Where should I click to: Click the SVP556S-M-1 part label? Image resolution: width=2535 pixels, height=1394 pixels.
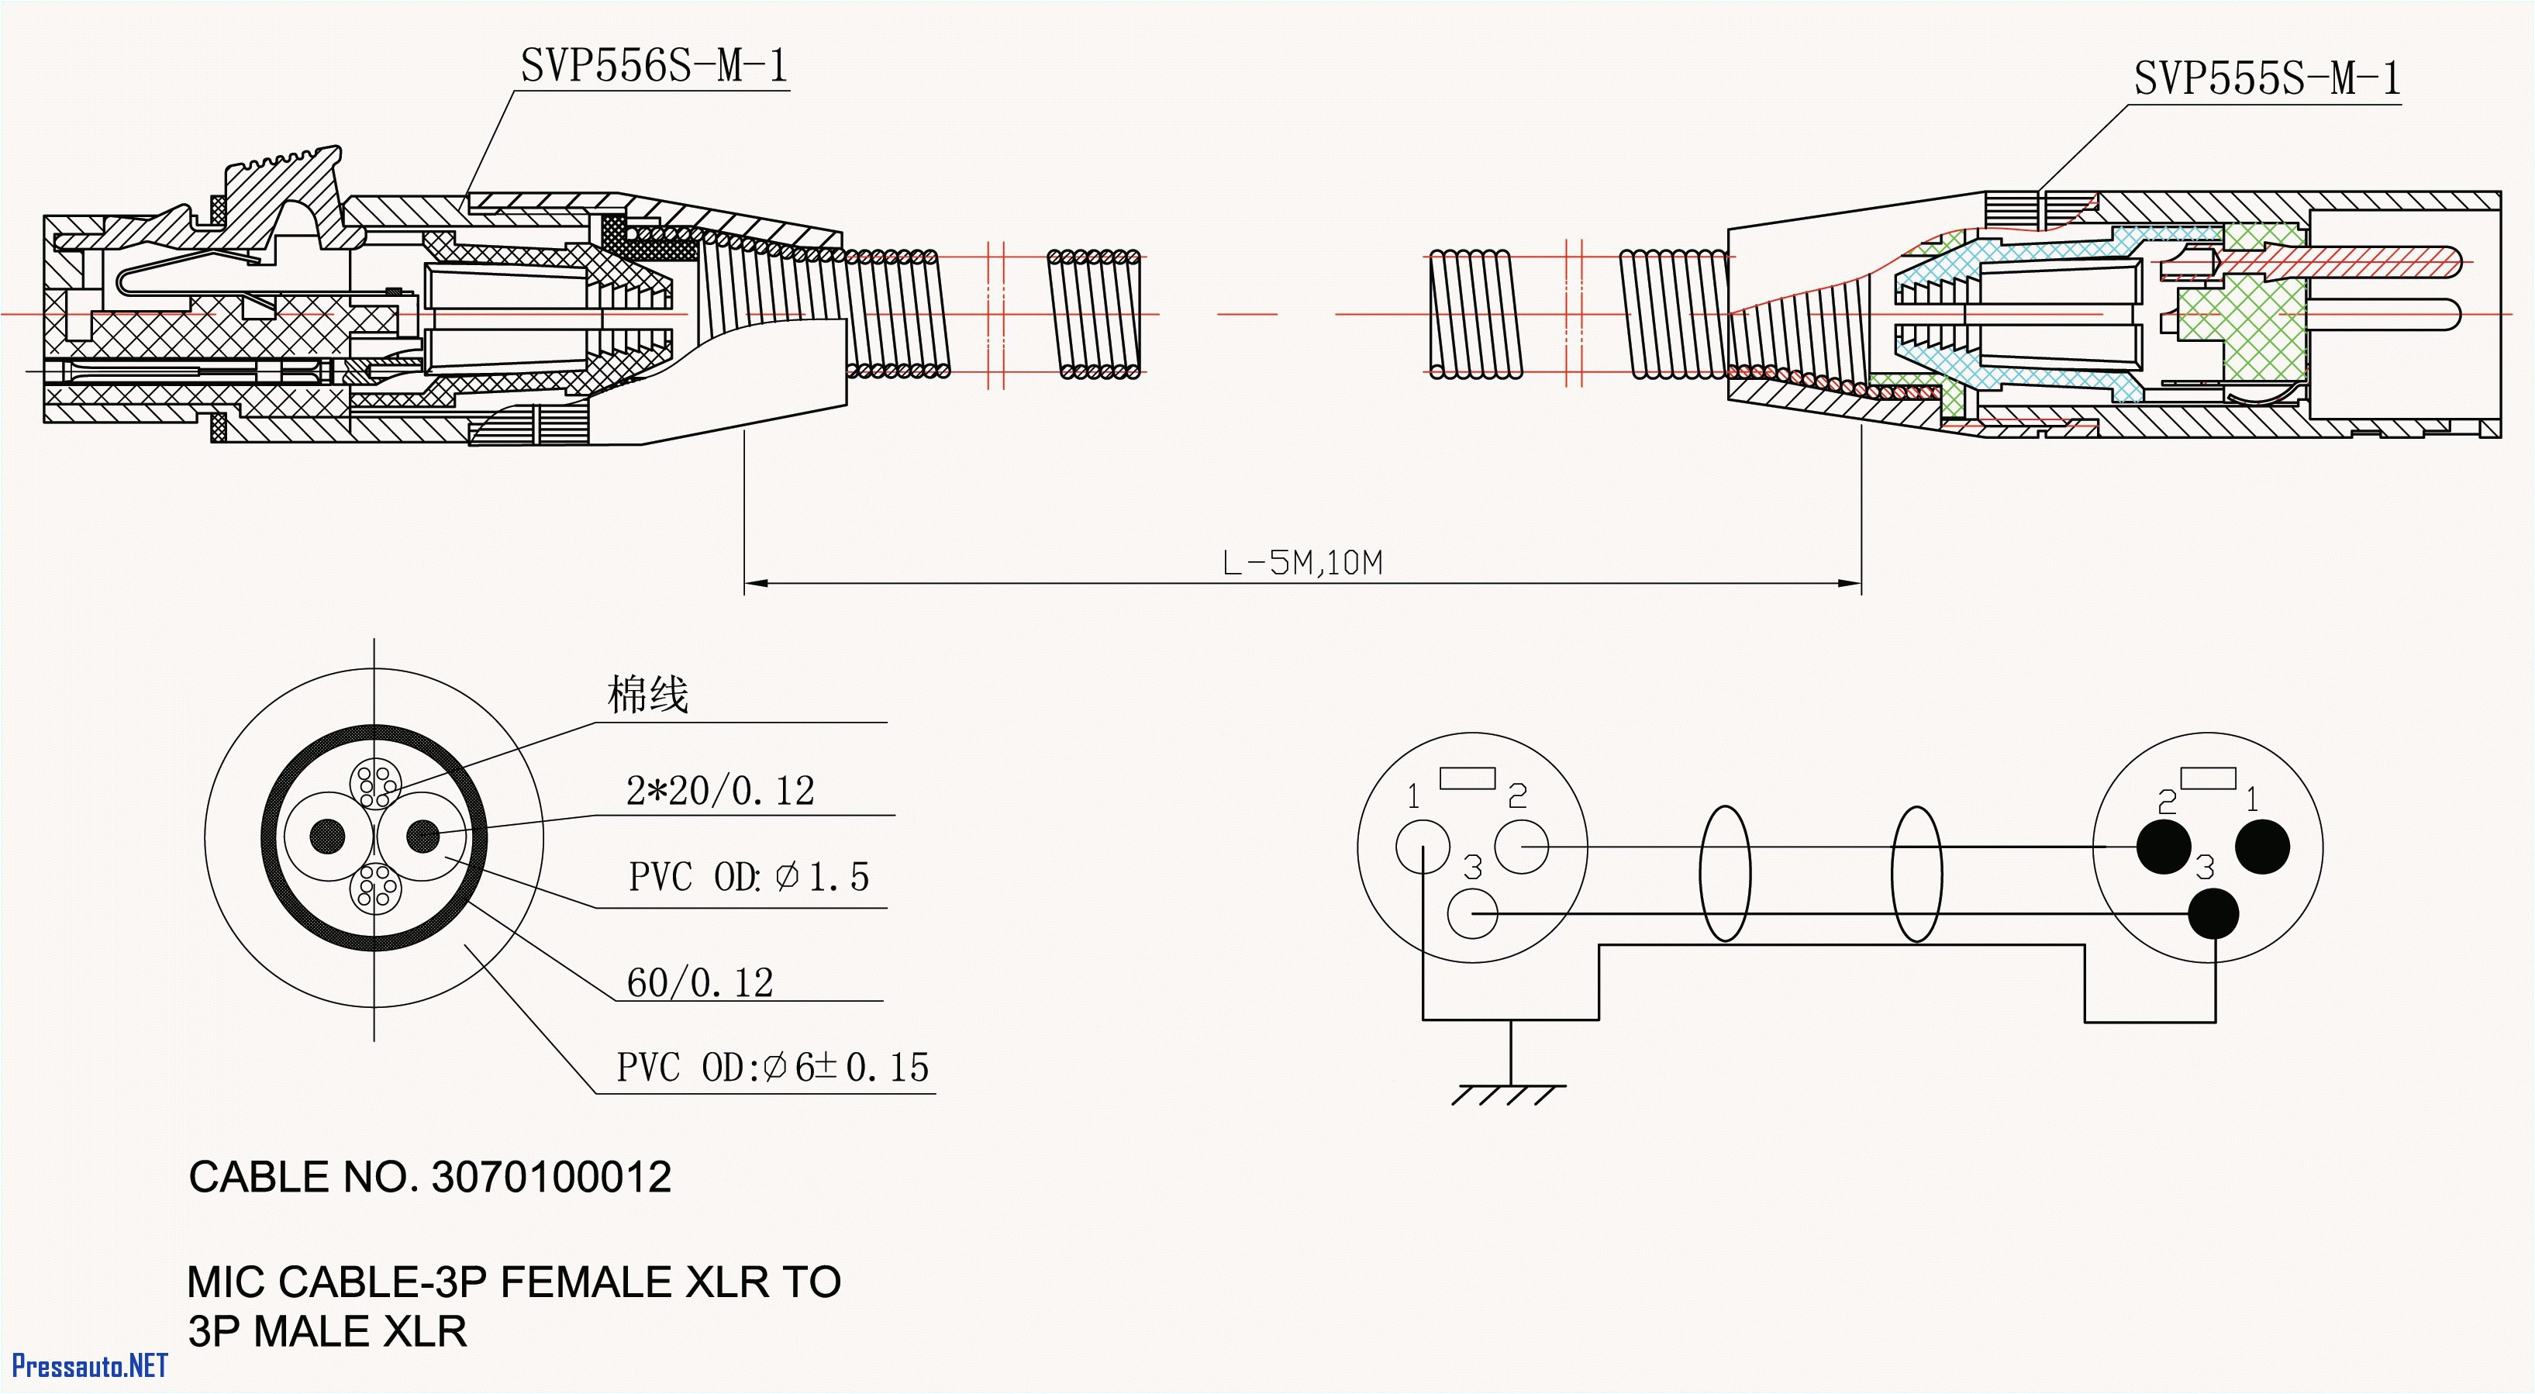click(654, 66)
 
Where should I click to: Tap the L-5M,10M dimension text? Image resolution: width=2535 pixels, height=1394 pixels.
click(1302, 563)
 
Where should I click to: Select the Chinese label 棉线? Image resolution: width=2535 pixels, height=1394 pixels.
click(647, 695)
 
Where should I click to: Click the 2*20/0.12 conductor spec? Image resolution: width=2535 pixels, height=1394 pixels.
click(720, 791)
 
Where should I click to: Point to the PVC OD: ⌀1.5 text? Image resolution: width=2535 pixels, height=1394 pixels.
click(749, 877)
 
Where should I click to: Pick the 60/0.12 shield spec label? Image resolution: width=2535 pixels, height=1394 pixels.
click(700, 982)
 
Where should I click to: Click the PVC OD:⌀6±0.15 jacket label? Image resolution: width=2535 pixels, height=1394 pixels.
click(772, 1067)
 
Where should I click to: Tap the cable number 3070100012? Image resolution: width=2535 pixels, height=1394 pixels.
click(551, 1178)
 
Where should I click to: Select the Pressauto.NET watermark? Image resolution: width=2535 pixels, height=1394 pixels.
click(90, 1365)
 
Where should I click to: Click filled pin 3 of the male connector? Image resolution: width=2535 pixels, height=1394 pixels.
click(2213, 913)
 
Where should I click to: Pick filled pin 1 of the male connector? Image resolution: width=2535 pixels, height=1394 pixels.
click(2262, 847)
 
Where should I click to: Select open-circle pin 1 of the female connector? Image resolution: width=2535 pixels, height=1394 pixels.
click(1422, 847)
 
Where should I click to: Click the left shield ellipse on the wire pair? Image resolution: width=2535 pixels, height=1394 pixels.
click(1724, 873)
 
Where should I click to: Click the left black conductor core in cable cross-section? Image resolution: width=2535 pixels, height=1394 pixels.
click(328, 836)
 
